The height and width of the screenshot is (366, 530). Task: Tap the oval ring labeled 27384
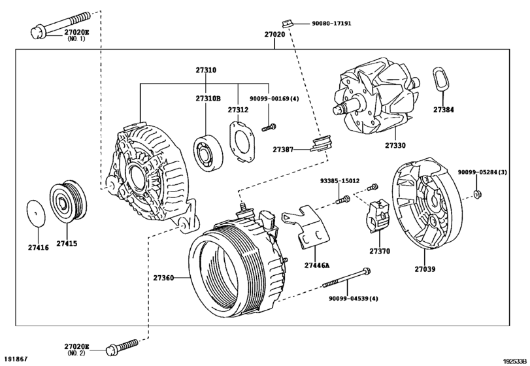[442, 79]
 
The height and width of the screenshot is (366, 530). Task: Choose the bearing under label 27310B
[208, 150]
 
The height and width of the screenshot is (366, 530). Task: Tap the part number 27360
[163, 278]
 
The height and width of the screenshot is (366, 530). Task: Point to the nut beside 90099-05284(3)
[478, 193]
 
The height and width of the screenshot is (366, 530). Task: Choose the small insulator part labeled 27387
[322, 143]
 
